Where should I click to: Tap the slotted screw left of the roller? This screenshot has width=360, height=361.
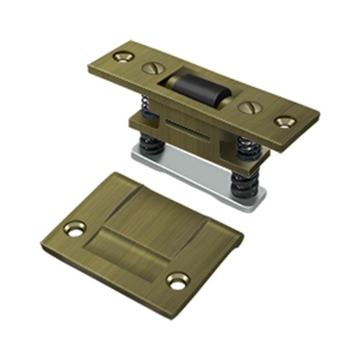pyautogui.click(x=151, y=69)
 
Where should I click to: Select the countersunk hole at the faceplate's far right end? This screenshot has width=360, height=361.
pyautogui.click(x=285, y=121)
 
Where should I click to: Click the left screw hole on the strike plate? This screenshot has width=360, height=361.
pyautogui.click(x=74, y=228)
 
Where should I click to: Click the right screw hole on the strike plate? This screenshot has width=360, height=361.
pyautogui.click(x=178, y=280)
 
